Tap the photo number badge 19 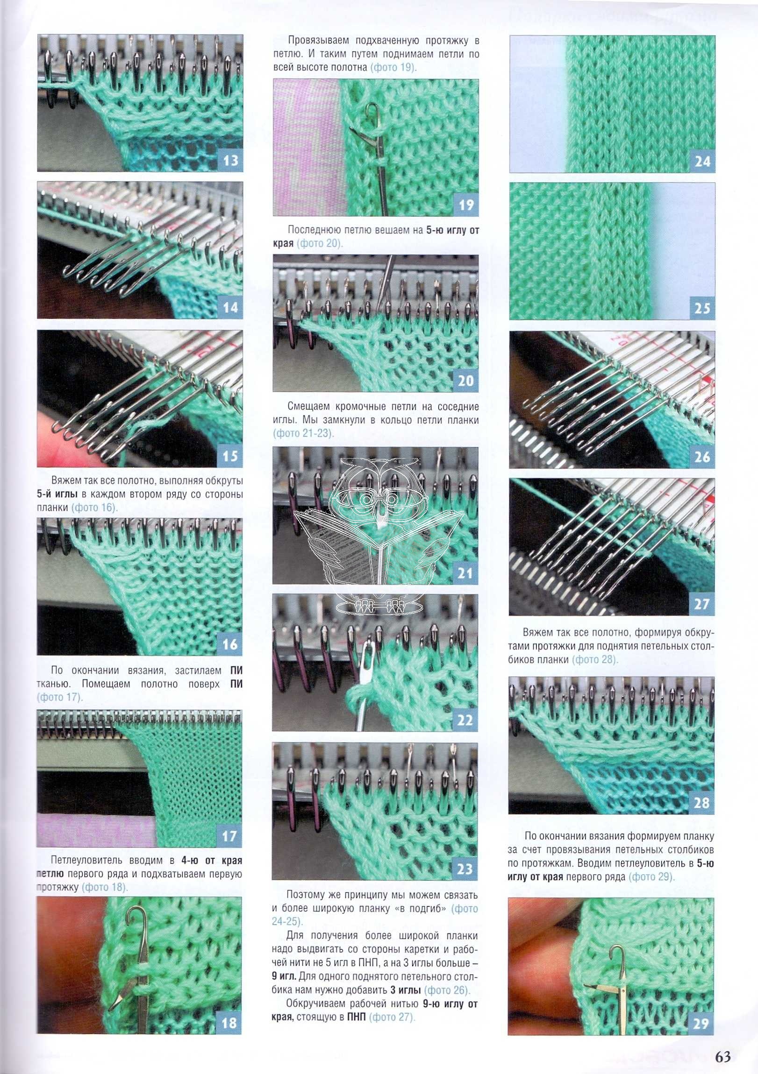pos(466,205)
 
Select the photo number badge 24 pos(702,162)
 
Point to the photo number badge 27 pos(701,604)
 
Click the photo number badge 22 pos(465,721)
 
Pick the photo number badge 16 pos(229,644)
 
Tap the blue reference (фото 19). pos(393,67)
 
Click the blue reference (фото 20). pos(320,243)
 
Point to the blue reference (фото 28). pos(595,659)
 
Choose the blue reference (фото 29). pos(652,876)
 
